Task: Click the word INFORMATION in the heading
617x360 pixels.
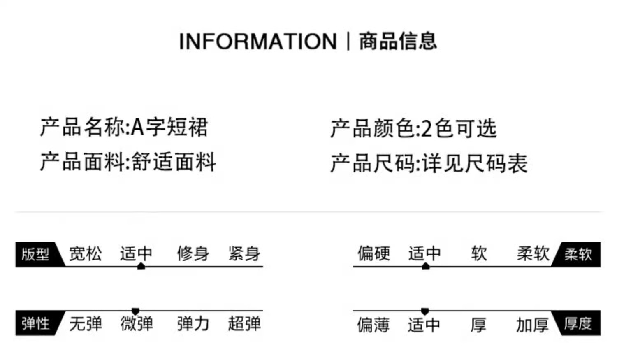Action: pyautogui.click(x=258, y=42)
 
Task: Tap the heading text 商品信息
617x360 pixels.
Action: pyautogui.click(x=398, y=41)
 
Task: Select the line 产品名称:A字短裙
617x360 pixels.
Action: pyautogui.click(x=124, y=127)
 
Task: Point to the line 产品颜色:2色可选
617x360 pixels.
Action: pyautogui.click(x=413, y=128)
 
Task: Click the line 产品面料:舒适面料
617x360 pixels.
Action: pyautogui.click(x=128, y=162)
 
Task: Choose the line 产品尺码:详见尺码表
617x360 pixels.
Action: pyautogui.click(x=429, y=163)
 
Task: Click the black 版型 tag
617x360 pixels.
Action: pyautogui.click(x=36, y=254)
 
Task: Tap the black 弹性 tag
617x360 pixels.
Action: pyautogui.click(x=36, y=323)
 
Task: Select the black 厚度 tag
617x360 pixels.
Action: pyautogui.click(x=578, y=323)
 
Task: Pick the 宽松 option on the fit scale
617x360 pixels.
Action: pyautogui.click(x=85, y=253)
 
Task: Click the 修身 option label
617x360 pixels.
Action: pyautogui.click(x=193, y=253)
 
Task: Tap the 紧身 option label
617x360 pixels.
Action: pyautogui.click(x=244, y=253)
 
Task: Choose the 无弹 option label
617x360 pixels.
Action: pyautogui.click(x=85, y=324)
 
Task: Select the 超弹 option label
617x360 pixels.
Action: pyautogui.click(x=244, y=324)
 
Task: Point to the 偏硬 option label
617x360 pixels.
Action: pyautogui.click(x=373, y=253)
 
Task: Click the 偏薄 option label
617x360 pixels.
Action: pyautogui.click(x=373, y=325)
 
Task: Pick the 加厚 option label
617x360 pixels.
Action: pyautogui.click(x=532, y=325)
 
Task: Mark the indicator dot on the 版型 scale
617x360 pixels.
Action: pyautogui.click(x=141, y=267)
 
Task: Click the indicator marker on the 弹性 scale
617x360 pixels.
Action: pyautogui.click(x=135, y=311)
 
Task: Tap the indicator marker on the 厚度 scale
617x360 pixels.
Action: pyautogui.click(x=425, y=311)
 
